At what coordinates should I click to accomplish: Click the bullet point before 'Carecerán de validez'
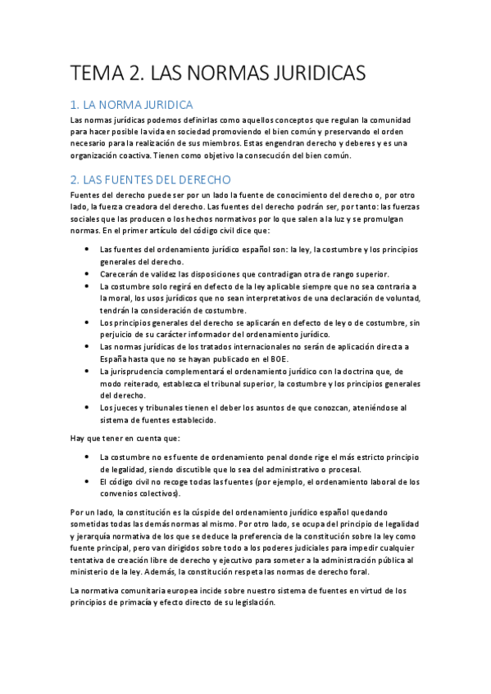pyautogui.click(x=86, y=274)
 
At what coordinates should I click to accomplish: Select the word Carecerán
pyautogui.click(x=120, y=274)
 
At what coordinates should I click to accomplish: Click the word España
pyautogui.click(x=115, y=358)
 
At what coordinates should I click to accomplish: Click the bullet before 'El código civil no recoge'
pyautogui.click(x=86, y=481)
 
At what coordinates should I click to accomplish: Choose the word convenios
pyautogui.click(x=120, y=493)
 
